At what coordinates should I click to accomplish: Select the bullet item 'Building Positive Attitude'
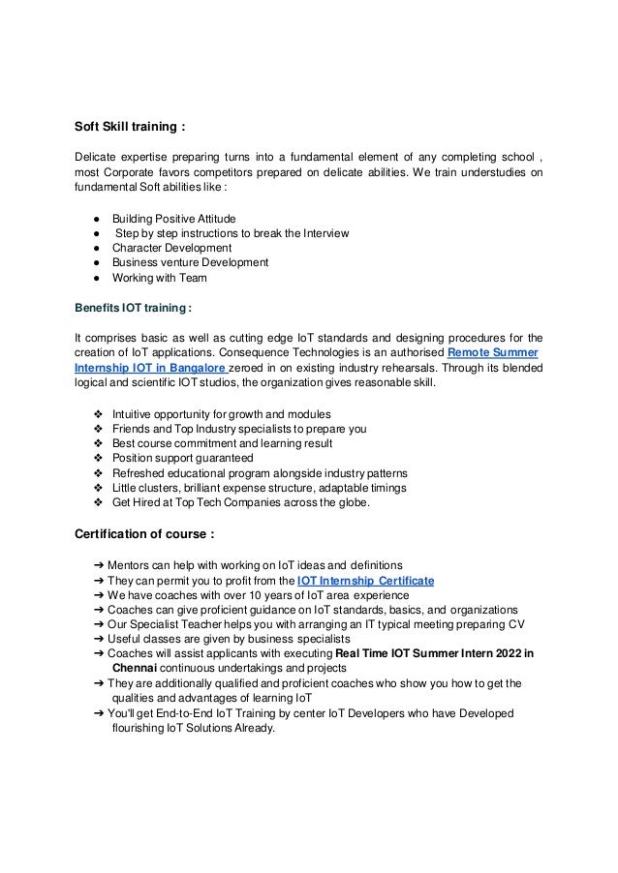173,218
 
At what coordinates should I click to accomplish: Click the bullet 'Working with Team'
159,278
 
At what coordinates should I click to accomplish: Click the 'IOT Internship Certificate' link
365,580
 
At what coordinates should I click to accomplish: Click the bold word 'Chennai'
138,668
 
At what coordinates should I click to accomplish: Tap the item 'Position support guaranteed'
182,458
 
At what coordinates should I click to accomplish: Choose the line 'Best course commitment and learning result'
222,443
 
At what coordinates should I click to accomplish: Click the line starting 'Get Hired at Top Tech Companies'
248,503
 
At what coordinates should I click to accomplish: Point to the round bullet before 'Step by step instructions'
98,233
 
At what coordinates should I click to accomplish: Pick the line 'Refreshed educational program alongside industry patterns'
260,473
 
